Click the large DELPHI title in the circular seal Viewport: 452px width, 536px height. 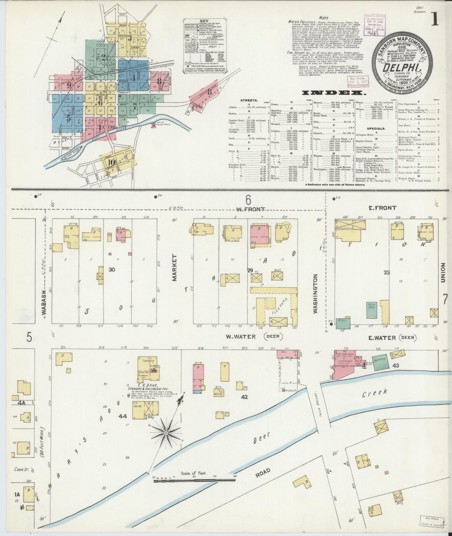(x=402, y=66)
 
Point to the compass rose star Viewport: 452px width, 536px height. (x=166, y=433)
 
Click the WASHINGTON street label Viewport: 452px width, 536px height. (x=316, y=289)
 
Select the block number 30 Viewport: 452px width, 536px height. (x=112, y=269)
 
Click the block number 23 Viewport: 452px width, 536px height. (x=387, y=272)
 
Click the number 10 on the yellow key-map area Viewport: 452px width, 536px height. (x=110, y=162)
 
